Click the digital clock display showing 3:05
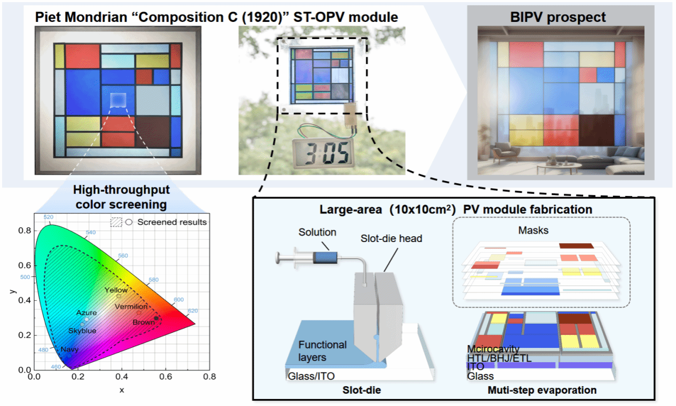tap(323, 155)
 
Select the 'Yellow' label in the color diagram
tap(116, 290)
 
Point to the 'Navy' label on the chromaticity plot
tap(70, 350)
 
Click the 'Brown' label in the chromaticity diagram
tap(144, 322)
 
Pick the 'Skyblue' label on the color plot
tap(82, 331)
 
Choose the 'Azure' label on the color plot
tap(87, 313)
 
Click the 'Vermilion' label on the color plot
tap(131, 307)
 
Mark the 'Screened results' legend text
tap(171, 222)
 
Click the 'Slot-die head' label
tap(398, 239)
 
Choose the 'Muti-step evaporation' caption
tap(542, 391)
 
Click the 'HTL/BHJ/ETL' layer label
tap(499, 358)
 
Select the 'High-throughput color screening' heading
tap(121, 197)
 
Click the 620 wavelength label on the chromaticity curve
tap(192, 310)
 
